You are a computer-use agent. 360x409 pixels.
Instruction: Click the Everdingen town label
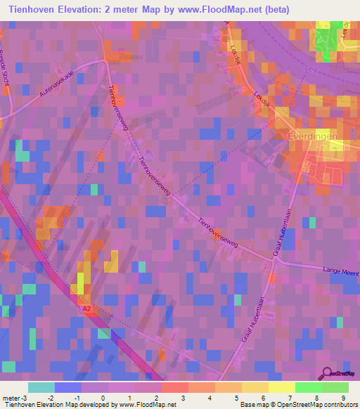pos(313,136)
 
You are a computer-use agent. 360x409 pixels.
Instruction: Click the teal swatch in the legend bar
pos(41,387)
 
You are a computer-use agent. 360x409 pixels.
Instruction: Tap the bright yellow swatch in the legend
pos(281,387)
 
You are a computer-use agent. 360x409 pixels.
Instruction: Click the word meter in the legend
pos(12,398)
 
